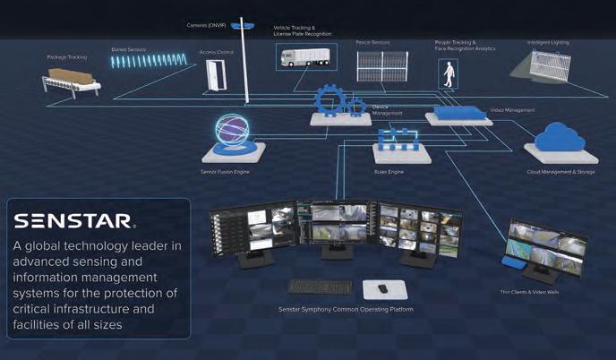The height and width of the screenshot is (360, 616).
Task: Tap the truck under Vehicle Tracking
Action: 305,57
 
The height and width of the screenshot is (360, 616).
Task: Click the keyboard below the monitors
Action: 321,287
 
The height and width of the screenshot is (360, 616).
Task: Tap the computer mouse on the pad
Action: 382,287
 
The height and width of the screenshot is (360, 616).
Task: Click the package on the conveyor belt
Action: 74,77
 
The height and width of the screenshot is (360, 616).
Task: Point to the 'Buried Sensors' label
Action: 129,49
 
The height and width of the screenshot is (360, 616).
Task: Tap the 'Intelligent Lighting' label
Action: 549,41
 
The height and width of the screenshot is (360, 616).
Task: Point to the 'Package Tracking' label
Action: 67,56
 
